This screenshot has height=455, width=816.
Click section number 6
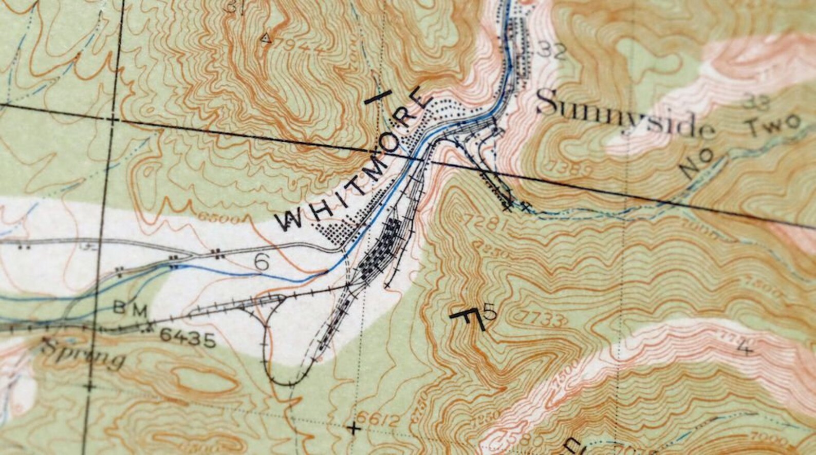[x=262, y=262]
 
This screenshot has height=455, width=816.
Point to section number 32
[x=551, y=51]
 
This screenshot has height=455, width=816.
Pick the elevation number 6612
[x=379, y=421]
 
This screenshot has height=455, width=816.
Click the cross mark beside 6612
[x=353, y=427]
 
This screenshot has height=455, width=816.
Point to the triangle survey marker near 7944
[x=265, y=37]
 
